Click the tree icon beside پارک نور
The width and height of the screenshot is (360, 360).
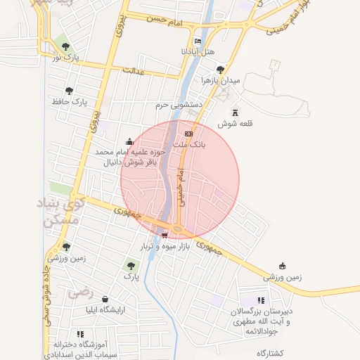65,46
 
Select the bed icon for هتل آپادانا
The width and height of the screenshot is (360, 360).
197,41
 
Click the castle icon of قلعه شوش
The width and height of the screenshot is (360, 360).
235,112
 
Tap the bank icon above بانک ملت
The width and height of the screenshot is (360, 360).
188,133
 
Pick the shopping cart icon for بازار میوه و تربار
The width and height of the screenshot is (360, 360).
165,236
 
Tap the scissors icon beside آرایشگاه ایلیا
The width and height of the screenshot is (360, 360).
105,299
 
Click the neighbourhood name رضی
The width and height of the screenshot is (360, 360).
82,290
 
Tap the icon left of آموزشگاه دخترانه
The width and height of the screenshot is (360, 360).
79,334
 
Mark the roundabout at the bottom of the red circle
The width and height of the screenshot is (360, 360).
178,229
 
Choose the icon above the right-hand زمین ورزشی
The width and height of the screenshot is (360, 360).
283,266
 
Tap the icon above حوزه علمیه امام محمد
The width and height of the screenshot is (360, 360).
129,141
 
